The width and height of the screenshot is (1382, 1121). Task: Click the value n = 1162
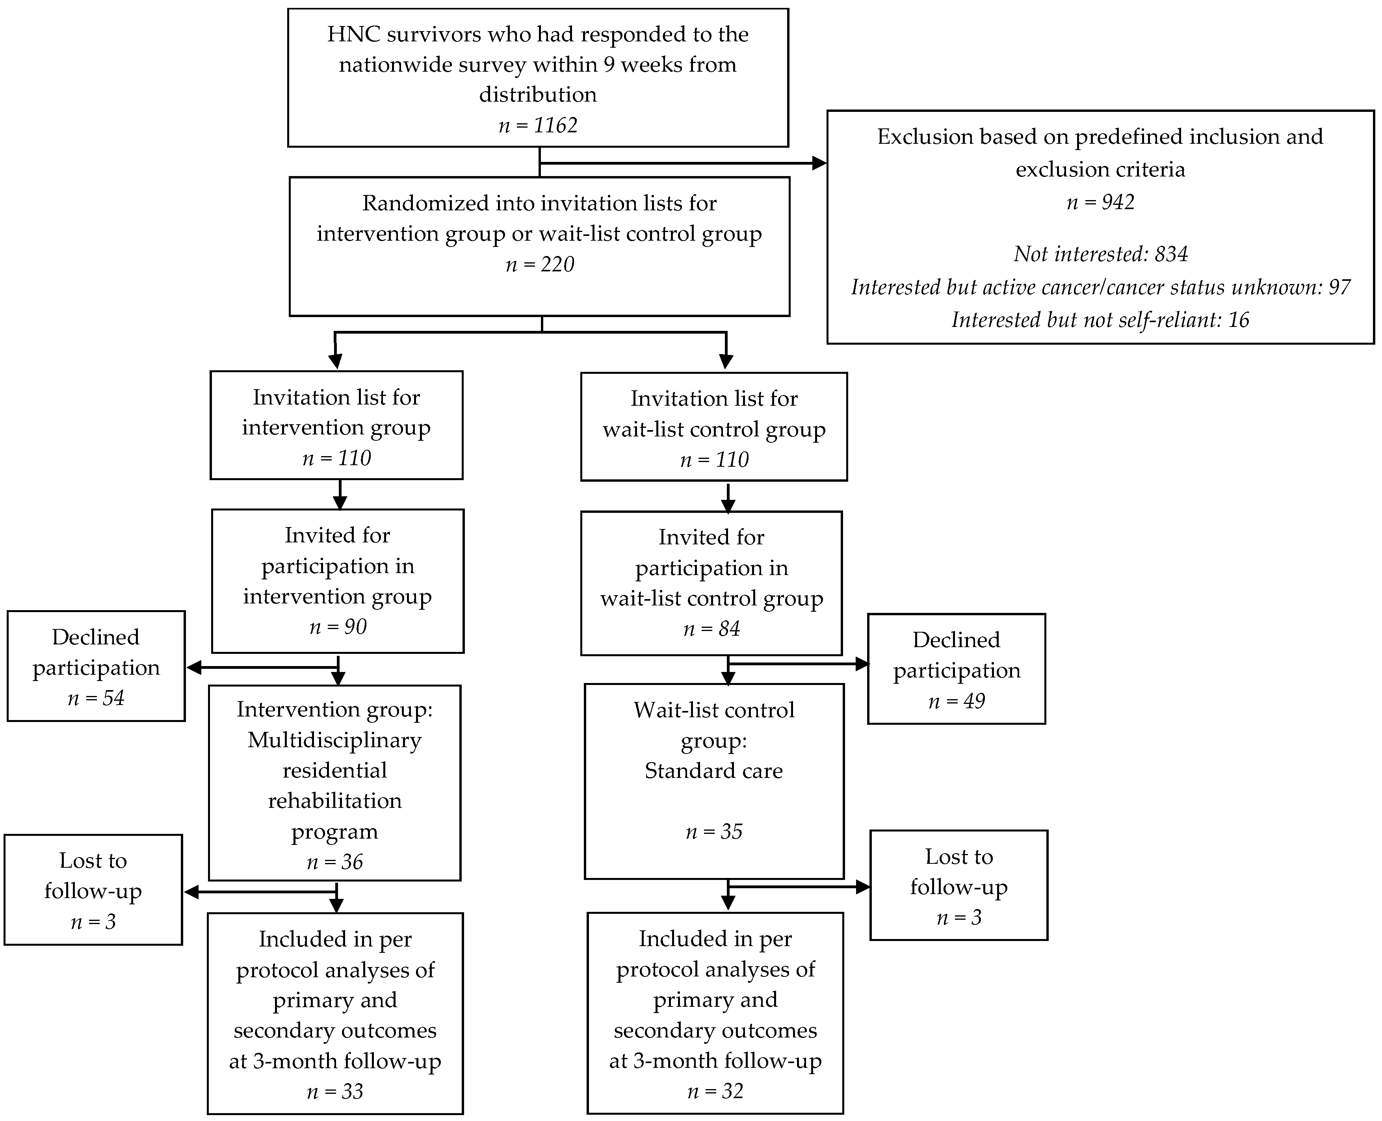[x=538, y=125]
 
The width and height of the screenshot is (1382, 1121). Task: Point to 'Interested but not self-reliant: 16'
[x=1100, y=320]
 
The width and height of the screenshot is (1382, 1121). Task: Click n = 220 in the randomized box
[x=540, y=265]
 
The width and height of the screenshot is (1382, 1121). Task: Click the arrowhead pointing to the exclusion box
[x=819, y=163]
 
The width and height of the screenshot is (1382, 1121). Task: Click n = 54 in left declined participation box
[x=96, y=698]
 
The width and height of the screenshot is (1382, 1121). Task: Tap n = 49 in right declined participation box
[x=957, y=701]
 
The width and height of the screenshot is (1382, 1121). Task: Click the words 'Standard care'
[x=713, y=771]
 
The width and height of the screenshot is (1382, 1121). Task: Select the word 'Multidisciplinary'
[x=334, y=740]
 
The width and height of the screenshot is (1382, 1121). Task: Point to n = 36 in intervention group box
[x=334, y=862]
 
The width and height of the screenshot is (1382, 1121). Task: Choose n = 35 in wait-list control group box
[x=713, y=832]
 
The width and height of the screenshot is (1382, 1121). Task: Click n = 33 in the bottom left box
[x=334, y=1091]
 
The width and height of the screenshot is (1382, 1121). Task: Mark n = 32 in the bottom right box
[x=715, y=1091]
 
